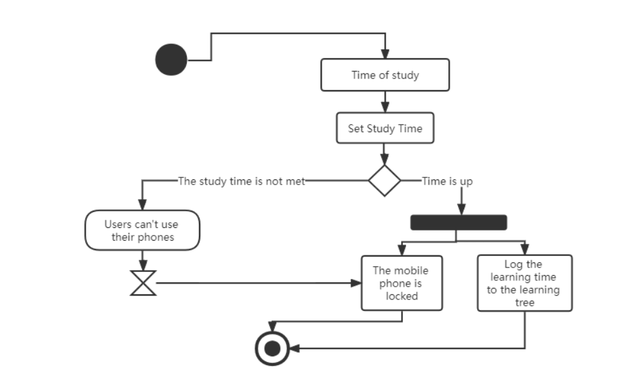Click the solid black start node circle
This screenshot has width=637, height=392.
171,60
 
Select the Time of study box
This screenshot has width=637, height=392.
385,75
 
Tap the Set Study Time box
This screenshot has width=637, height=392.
385,128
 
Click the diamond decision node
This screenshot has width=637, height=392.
384,181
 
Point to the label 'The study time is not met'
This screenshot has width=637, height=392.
241,181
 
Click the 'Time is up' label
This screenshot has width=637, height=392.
447,181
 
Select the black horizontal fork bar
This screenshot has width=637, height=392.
459,222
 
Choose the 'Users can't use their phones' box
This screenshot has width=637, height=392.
142,230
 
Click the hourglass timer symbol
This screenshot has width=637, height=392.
143,282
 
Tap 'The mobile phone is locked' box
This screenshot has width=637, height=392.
402,283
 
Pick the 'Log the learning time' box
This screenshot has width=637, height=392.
524,283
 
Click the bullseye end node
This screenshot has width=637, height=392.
272,349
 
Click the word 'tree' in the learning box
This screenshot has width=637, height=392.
524,303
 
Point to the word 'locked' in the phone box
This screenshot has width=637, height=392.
402,296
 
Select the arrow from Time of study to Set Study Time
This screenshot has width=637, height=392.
385,102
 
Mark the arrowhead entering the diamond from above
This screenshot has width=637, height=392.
384,160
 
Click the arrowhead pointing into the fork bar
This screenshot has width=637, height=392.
461,210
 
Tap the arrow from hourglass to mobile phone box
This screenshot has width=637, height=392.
256,282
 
